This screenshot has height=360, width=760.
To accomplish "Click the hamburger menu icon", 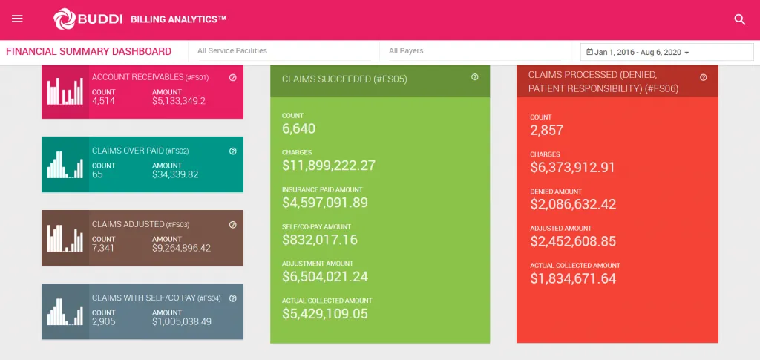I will tap(18, 19).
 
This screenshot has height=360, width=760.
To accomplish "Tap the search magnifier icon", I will tap(739, 20).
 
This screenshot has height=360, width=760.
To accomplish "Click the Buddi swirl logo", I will tap(64, 19).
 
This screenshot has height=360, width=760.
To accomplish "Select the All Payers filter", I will tap(406, 51).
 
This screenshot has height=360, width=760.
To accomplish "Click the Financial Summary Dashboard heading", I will tap(89, 52).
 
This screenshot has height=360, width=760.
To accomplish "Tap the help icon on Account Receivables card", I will tap(233, 77).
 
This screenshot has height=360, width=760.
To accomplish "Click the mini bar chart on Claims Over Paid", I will tap(65, 164).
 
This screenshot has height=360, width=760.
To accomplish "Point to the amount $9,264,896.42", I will tap(181, 248).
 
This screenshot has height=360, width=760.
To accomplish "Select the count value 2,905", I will tap(103, 321).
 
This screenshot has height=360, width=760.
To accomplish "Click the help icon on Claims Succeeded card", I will tap(475, 77).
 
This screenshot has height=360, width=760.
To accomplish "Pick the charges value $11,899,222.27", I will tap(329, 166).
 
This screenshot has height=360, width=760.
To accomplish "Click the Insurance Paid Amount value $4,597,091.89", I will tap(325, 203).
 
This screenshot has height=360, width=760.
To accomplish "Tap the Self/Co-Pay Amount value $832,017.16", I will tap(320, 240).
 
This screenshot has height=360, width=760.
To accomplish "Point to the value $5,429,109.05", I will tap(325, 314).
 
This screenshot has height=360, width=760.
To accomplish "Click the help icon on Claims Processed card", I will tap(704, 77).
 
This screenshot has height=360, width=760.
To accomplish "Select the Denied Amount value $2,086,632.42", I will tap(573, 204).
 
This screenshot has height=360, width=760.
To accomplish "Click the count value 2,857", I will tap(546, 131).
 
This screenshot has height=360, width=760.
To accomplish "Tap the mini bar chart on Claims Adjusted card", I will tap(65, 238).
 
